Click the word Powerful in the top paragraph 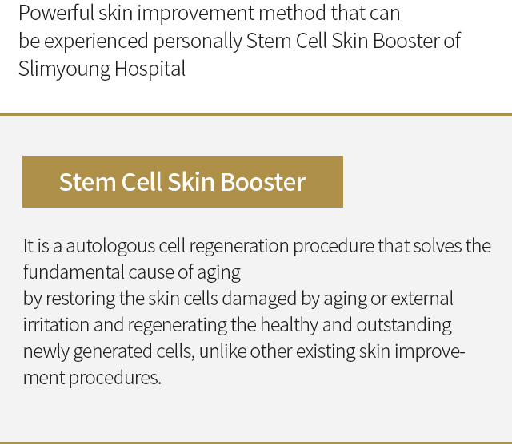tap(56, 13)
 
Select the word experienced tap(96, 42)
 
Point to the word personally tap(198, 42)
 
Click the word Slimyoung tap(64, 69)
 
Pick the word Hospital tap(150, 69)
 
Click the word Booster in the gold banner tap(263, 182)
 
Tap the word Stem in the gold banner tap(87, 182)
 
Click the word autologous tap(110, 246)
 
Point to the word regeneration tap(239, 246)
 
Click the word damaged tap(259, 299)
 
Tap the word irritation tap(56, 325)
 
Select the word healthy tap(290, 325)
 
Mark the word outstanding tap(404, 325)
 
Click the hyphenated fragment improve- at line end tap(430, 352)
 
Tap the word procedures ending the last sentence tap(115, 379)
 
